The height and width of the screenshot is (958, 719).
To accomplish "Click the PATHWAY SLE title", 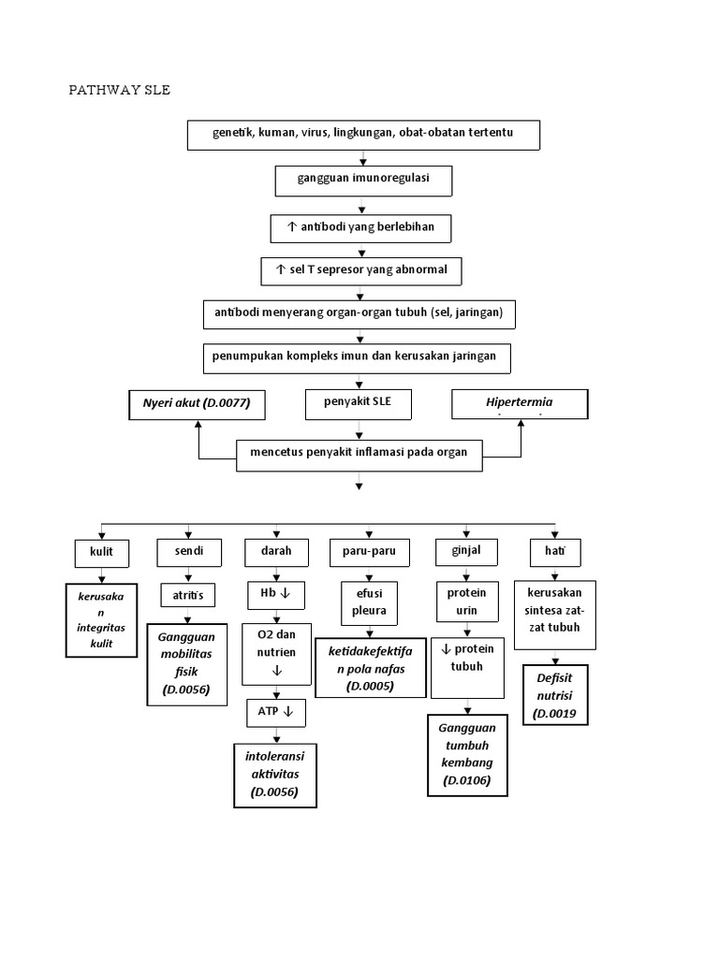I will point(120,91).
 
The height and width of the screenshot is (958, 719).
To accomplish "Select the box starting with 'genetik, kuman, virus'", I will point(363,135).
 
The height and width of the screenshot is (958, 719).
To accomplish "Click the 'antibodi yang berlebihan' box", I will point(361,226).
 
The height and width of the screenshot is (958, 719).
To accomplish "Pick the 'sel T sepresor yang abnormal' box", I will point(361,270).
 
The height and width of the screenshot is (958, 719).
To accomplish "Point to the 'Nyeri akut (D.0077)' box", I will point(197,404).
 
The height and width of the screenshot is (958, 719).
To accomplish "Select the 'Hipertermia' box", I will point(520,404).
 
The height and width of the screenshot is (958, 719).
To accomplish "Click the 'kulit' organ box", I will point(101,553).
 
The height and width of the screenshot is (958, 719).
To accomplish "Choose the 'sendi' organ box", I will point(190,553).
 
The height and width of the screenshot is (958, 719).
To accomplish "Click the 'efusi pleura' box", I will point(363,602).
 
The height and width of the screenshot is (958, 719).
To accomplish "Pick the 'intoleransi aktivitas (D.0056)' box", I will point(275,774).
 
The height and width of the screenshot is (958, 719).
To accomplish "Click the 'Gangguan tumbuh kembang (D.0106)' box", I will point(467,754).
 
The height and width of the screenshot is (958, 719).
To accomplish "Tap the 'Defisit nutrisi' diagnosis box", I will point(554,695).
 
